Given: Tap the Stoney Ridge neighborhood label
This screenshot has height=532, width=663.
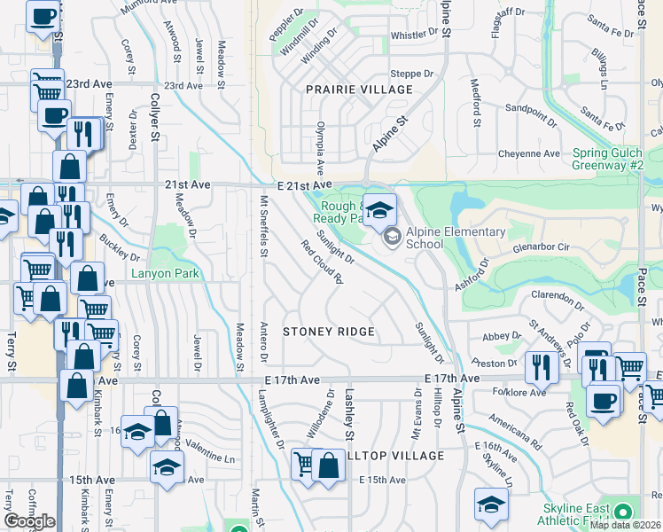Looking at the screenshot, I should click(x=328, y=332).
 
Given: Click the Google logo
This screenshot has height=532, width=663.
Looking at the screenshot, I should click(x=29, y=521).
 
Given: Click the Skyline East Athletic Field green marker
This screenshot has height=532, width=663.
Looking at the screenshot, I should click(x=623, y=512).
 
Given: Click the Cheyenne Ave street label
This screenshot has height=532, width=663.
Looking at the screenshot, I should click(x=527, y=153).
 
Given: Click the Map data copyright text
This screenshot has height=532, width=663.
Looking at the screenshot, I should click(x=626, y=525).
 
